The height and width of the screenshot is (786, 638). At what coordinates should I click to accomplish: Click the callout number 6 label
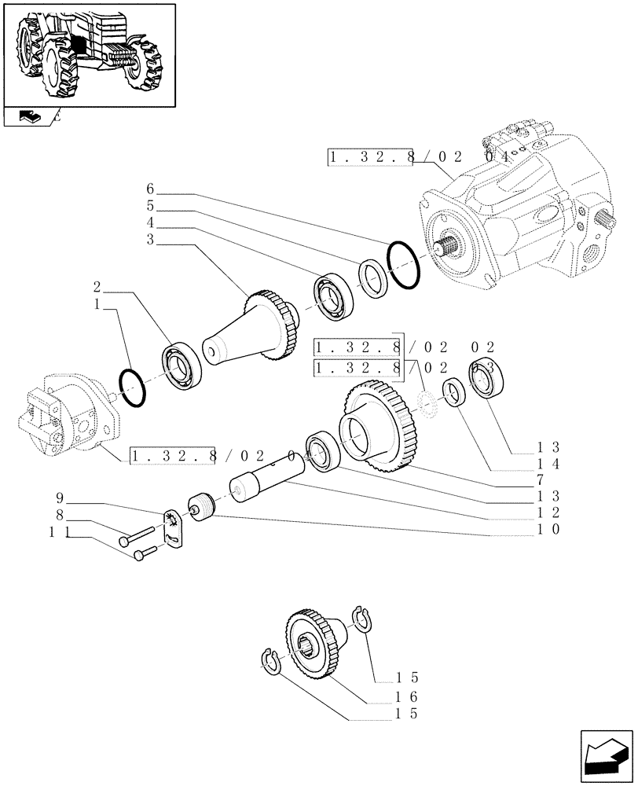[x=150, y=189]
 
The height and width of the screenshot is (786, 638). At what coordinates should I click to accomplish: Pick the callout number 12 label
[x=548, y=512]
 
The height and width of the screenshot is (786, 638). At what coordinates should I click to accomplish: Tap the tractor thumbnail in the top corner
[x=89, y=54]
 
